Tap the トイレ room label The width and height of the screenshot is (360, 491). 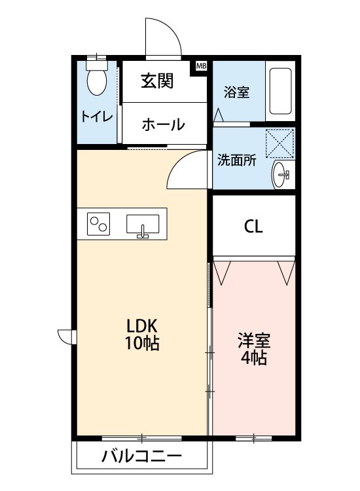[x=97, y=117]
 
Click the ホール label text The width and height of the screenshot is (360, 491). [x=162, y=124]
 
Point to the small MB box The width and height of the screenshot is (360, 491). [x=201, y=65]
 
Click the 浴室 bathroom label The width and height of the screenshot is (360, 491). [x=236, y=92]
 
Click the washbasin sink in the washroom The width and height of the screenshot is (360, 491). [x=282, y=174]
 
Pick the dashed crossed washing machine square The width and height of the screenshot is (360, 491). [x=279, y=143]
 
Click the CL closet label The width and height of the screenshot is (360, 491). [x=253, y=227]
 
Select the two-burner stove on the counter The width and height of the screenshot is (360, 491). [x=100, y=224]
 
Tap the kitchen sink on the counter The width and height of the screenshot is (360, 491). [x=142, y=225]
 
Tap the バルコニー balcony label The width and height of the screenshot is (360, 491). [x=141, y=456]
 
